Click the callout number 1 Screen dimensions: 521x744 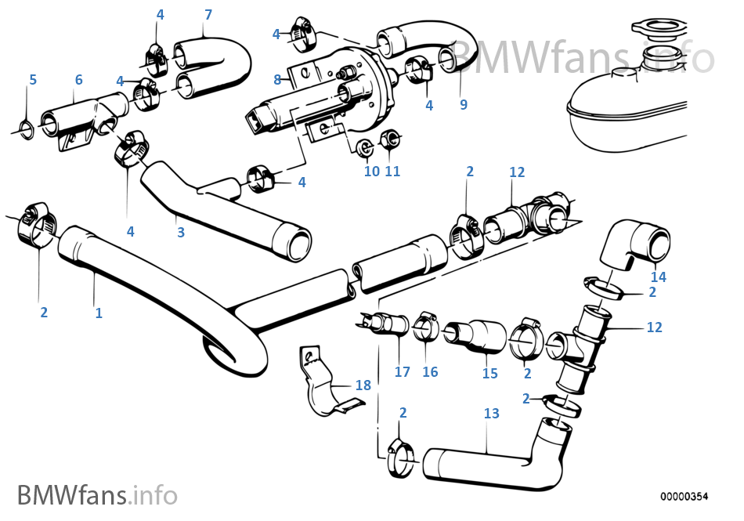click(x=99, y=313)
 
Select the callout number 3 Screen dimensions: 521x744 click(x=181, y=233)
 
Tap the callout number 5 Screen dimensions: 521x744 click(x=33, y=80)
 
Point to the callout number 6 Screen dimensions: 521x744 click(x=78, y=80)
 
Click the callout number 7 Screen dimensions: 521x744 click(x=208, y=14)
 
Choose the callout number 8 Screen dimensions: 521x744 click(x=277, y=79)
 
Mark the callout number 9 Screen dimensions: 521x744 click(x=464, y=105)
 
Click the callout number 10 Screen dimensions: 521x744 click(x=371, y=171)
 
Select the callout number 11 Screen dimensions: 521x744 click(x=392, y=171)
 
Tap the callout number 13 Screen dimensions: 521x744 click(x=491, y=413)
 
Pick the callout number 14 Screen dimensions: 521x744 click(x=658, y=277)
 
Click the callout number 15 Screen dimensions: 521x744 click(x=489, y=374)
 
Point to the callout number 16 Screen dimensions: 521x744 click(x=430, y=372)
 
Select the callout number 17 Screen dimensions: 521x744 click(x=402, y=372)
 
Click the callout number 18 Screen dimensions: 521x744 click(x=363, y=385)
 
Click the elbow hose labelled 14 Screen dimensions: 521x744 click(x=636, y=242)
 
